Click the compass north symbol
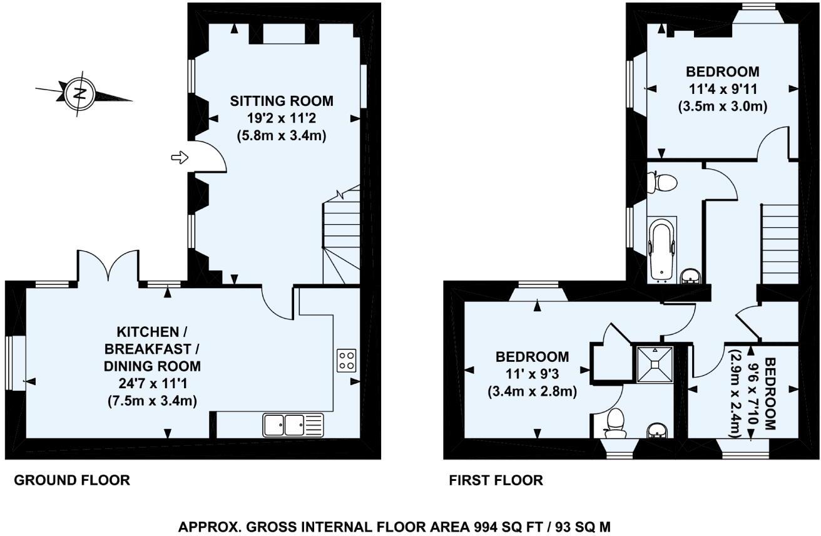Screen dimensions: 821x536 80,94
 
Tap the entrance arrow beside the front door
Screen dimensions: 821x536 180,158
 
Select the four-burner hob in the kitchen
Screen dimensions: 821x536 347,360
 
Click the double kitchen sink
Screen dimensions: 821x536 293,425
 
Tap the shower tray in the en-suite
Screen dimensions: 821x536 655,364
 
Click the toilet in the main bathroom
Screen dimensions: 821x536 662,182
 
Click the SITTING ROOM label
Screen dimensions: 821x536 282,101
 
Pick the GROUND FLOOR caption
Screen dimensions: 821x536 72,480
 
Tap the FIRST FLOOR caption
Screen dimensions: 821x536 496,480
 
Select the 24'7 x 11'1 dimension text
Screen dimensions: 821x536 153,384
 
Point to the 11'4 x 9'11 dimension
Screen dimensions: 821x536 723,89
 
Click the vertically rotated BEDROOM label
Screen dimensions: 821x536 770,394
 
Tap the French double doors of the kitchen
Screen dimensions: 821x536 108,265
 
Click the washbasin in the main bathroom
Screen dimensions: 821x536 691,276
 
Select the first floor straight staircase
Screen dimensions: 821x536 780,244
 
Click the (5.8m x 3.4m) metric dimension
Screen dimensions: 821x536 282,136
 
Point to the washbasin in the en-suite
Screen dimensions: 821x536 658,431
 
